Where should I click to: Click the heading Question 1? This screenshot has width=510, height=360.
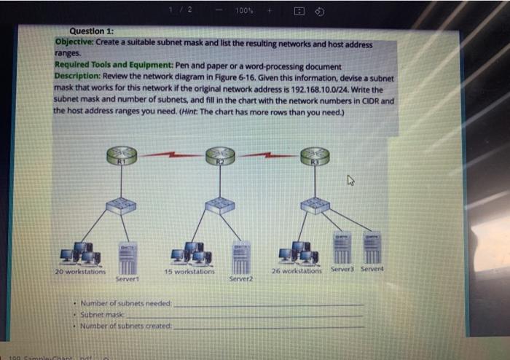(x=91, y=31)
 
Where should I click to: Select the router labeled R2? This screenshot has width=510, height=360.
(x=219, y=155)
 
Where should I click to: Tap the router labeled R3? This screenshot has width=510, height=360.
(x=314, y=154)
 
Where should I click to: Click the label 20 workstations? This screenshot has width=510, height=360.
(x=80, y=271)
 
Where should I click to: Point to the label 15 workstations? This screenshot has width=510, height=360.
(x=189, y=271)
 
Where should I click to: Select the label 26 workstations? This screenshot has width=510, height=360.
(x=297, y=271)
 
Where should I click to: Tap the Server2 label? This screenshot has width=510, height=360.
(x=240, y=278)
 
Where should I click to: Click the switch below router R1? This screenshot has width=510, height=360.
(x=117, y=206)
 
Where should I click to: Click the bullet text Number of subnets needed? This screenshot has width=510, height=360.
(x=126, y=302)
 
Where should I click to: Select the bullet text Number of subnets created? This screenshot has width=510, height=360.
(x=126, y=326)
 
